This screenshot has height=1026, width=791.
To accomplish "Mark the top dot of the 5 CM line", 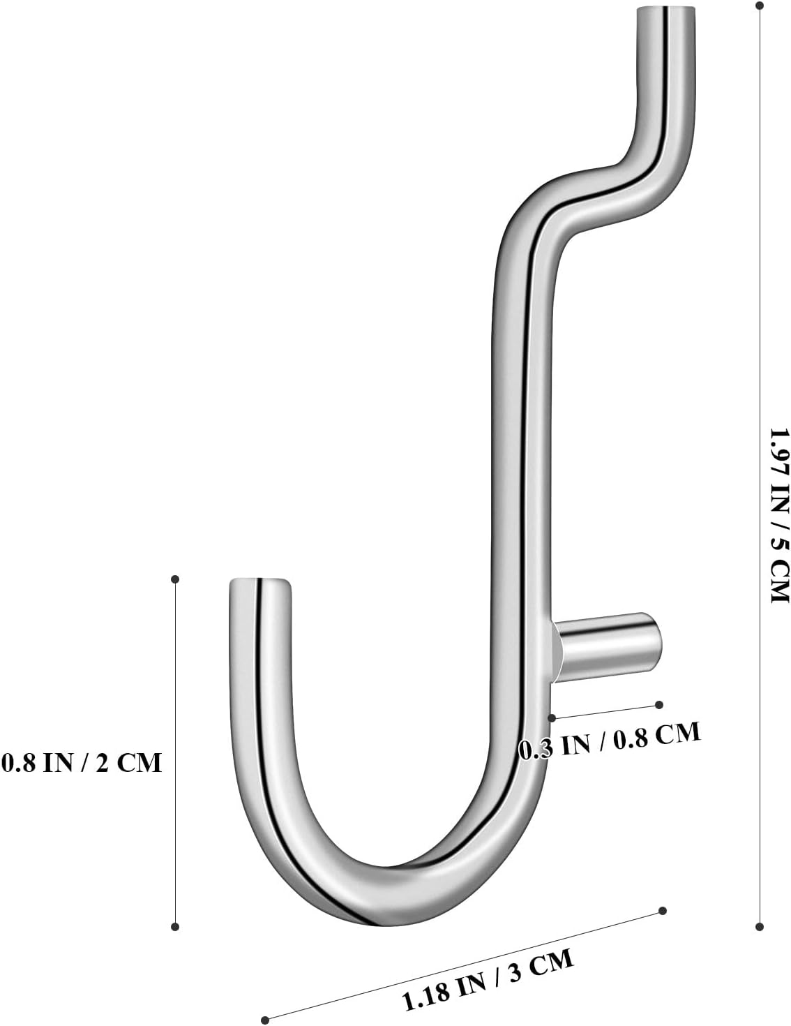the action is pyautogui.click(x=759, y=6).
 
